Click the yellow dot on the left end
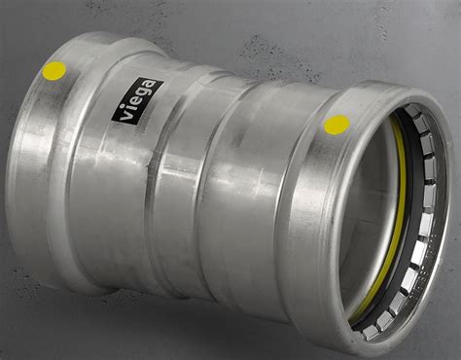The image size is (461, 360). [x=54, y=71]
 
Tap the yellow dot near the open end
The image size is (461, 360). [x=337, y=125]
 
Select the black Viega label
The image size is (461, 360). [x=138, y=100]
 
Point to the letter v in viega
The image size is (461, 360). [x=125, y=115]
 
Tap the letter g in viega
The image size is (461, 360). [x=145, y=92]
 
